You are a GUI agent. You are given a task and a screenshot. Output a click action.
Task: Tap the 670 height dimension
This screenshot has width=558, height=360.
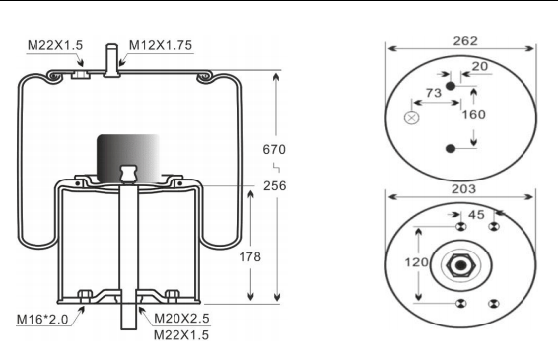(273, 149)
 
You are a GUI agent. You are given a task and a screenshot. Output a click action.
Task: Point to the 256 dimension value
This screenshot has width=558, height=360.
(273, 187)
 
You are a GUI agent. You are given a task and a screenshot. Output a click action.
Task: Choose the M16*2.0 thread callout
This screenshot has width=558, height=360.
(44, 318)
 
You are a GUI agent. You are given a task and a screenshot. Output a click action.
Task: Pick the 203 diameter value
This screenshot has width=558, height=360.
(464, 188)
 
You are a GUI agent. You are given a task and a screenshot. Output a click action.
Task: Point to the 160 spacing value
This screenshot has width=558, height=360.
(475, 113)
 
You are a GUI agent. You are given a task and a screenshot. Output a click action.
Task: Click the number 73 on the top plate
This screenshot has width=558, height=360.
(432, 93)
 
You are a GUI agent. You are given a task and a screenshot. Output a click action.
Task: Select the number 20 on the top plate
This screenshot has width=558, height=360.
(479, 67)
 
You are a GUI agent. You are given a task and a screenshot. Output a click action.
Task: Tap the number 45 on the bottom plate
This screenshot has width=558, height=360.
(476, 214)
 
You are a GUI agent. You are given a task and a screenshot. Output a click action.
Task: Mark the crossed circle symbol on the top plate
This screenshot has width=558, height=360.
(412, 118)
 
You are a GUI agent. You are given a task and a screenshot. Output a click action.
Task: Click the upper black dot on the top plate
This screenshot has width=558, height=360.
(452, 87)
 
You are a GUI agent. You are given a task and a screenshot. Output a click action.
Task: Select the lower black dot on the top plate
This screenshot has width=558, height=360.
(452, 149)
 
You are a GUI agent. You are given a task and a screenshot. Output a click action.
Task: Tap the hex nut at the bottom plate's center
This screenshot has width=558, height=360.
(459, 264)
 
